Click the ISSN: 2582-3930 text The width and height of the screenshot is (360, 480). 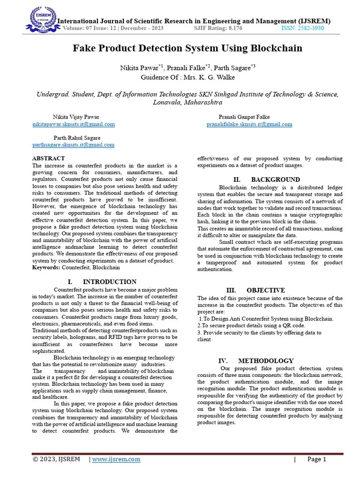(302, 29)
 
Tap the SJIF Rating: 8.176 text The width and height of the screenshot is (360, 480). (218, 29)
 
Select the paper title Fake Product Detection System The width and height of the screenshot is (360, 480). (187, 48)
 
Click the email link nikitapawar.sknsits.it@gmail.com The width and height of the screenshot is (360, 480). (74, 124)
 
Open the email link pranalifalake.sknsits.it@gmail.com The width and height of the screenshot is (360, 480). (249, 124)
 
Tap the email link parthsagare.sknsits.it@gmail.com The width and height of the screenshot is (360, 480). (74, 145)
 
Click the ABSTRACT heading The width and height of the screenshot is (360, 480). (48, 158)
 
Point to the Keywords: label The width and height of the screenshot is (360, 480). (46, 267)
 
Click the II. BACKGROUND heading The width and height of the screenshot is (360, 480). (266, 180)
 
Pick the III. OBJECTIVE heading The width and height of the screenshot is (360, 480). (255, 290)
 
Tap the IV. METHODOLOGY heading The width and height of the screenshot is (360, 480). (256, 360)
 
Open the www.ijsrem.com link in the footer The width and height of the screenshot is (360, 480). (116, 459)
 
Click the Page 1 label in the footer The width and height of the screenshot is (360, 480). (316, 459)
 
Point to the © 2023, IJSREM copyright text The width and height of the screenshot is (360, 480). (56, 459)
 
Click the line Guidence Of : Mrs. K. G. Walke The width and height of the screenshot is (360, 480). (187, 77)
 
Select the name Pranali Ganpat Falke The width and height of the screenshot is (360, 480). (244, 117)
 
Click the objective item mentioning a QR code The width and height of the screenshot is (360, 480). (251, 325)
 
